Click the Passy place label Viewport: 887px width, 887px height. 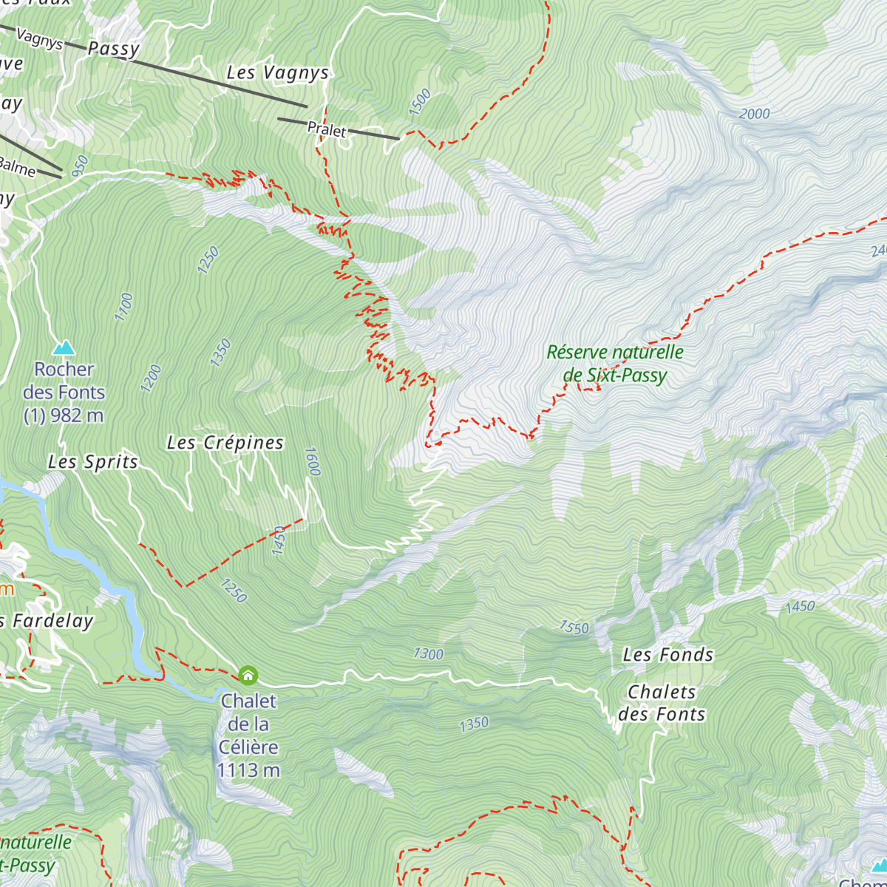click(x=113, y=49)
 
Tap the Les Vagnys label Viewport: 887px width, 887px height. click(x=277, y=73)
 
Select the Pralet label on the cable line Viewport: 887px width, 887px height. click(x=327, y=130)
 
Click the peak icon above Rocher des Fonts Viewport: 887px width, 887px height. click(x=64, y=347)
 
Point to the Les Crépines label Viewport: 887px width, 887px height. click(x=225, y=443)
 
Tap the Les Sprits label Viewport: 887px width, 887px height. click(x=93, y=462)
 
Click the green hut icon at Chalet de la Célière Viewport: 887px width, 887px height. click(x=248, y=675)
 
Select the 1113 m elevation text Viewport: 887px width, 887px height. click(x=248, y=771)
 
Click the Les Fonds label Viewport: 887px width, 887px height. click(x=668, y=655)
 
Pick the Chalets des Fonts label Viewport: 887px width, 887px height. click(x=662, y=703)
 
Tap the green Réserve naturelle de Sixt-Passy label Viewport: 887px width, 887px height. click(x=615, y=364)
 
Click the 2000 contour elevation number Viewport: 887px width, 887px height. click(x=754, y=114)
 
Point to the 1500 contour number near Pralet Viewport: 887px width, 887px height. click(x=419, y=102)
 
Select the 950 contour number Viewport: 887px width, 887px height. click(x=80, y=165)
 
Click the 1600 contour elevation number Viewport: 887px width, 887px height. click(x=311, y=461)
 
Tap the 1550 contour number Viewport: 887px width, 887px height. click(x=574, y=628)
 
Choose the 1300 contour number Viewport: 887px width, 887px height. click(x=428, y=653)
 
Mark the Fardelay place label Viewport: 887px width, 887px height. click(x=52, y=621)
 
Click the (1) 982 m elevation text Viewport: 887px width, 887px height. click(x=64, y=416)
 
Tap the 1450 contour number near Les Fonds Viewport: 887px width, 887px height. click(x=800, y=607)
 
